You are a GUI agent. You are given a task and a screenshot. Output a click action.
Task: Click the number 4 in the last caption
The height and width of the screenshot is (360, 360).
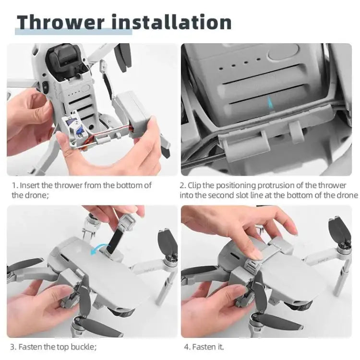(x=186, y=347)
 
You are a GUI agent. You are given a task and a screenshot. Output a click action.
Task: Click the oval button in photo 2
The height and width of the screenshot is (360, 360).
(x=283, y=52)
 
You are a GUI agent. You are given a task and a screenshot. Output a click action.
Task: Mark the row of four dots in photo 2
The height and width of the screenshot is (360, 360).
(x=236, y=62)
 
